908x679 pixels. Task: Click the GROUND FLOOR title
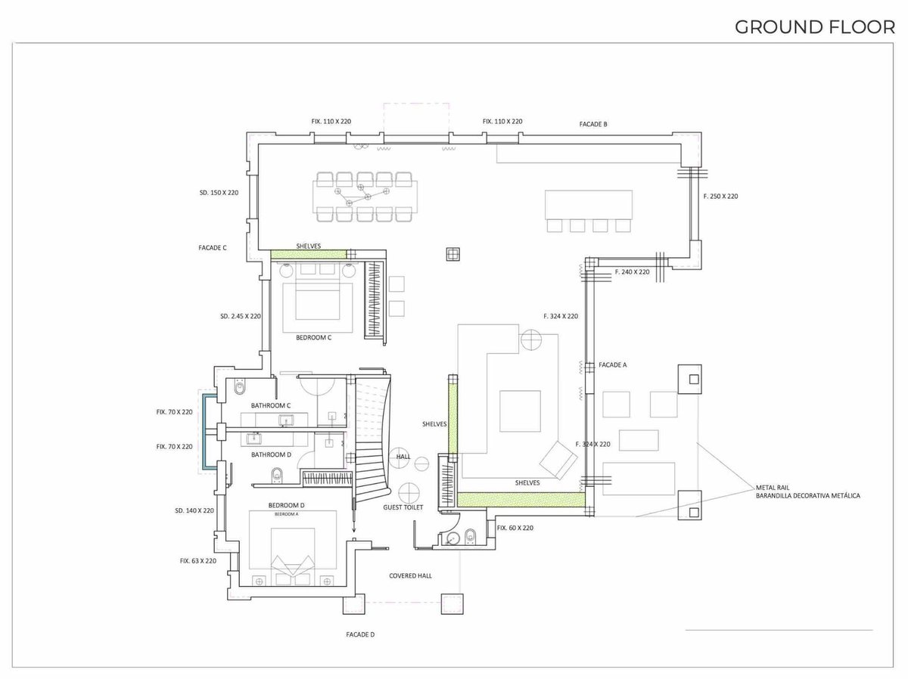click(x=815, y=27)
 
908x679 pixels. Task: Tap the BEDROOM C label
click(x=313, y=337)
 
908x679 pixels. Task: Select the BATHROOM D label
click(x=272, y=454)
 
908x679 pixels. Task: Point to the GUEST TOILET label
click(x=403, y=507)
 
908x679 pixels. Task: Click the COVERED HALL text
click(x=410, y=575)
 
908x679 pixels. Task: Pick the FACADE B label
click(x=593, y=124)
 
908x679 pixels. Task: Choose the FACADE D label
click(x=360, y=634)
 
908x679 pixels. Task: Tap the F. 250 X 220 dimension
click(x=720, y=197)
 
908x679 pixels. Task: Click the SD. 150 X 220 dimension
click(x=219, y=193)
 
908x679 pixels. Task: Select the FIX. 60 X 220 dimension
click(x=515, y=528)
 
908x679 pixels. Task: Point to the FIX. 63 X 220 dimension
click(x=198, y=561)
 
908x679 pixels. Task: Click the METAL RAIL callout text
click(x=773, y=488)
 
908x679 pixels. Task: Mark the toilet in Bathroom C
click(x=240, y=388)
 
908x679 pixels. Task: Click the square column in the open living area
click(x=453, y=254)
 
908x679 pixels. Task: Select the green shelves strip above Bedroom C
click(x=309, y=254)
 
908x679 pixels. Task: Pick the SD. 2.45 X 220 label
click(x=241, y=316)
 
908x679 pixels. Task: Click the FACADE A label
click(x=613, y=365)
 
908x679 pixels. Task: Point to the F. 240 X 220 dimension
click(x=632, y=272)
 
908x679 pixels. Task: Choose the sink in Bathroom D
click(x=253, y=438)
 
